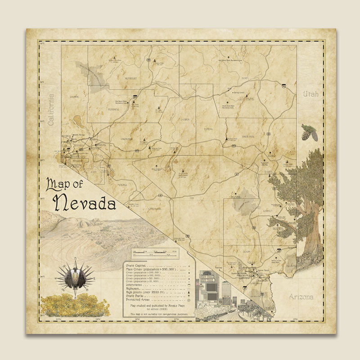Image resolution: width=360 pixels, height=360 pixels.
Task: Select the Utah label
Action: click(310, 94)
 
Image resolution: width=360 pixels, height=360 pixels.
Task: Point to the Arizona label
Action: click(301, 297)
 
